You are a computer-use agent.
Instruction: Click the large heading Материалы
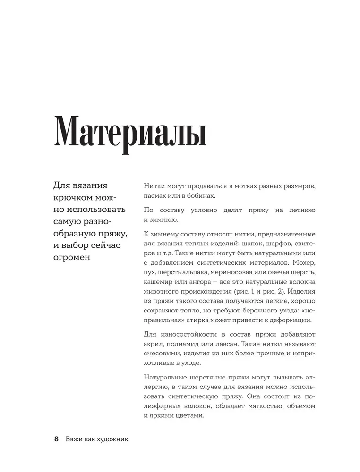pyautogui.click(x=131, y=133)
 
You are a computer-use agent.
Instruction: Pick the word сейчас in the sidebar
pyautogui.click(x=106, y=245)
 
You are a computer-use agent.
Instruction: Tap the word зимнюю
pyautogui.click(x=164, y=219)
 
